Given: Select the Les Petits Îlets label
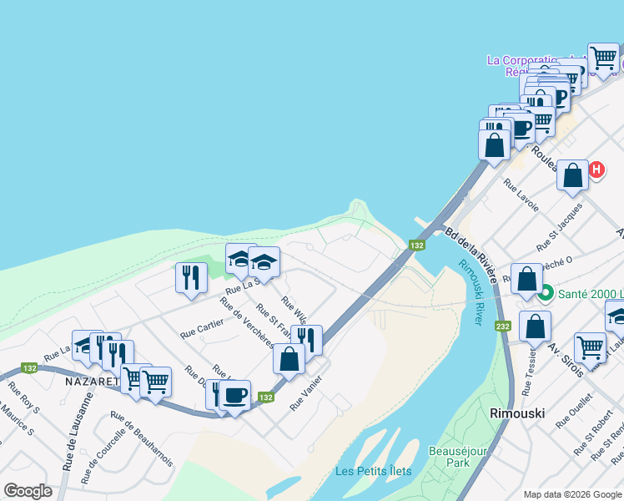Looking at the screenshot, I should [373, 471].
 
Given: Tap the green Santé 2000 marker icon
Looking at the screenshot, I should [546, 293].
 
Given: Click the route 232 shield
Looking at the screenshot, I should [502, 325].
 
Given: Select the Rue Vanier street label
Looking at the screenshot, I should [305, 392].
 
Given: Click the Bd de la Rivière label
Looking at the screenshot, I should [472, 256].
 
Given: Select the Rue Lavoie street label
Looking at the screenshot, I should [521, 195].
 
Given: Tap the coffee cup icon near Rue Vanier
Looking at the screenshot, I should [235, 394].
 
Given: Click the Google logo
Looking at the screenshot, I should [28, 491].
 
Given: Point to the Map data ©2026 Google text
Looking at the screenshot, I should [573, 494].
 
